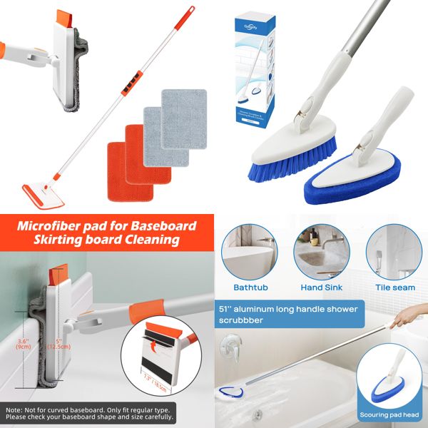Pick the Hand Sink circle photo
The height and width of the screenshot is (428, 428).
pyautogui.click(x=321, y=253)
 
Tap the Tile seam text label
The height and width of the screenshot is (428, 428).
pyautogui.click(x=394, y=288)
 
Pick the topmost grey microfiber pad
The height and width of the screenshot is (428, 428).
pyautogui.click(x=183, y=108)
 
